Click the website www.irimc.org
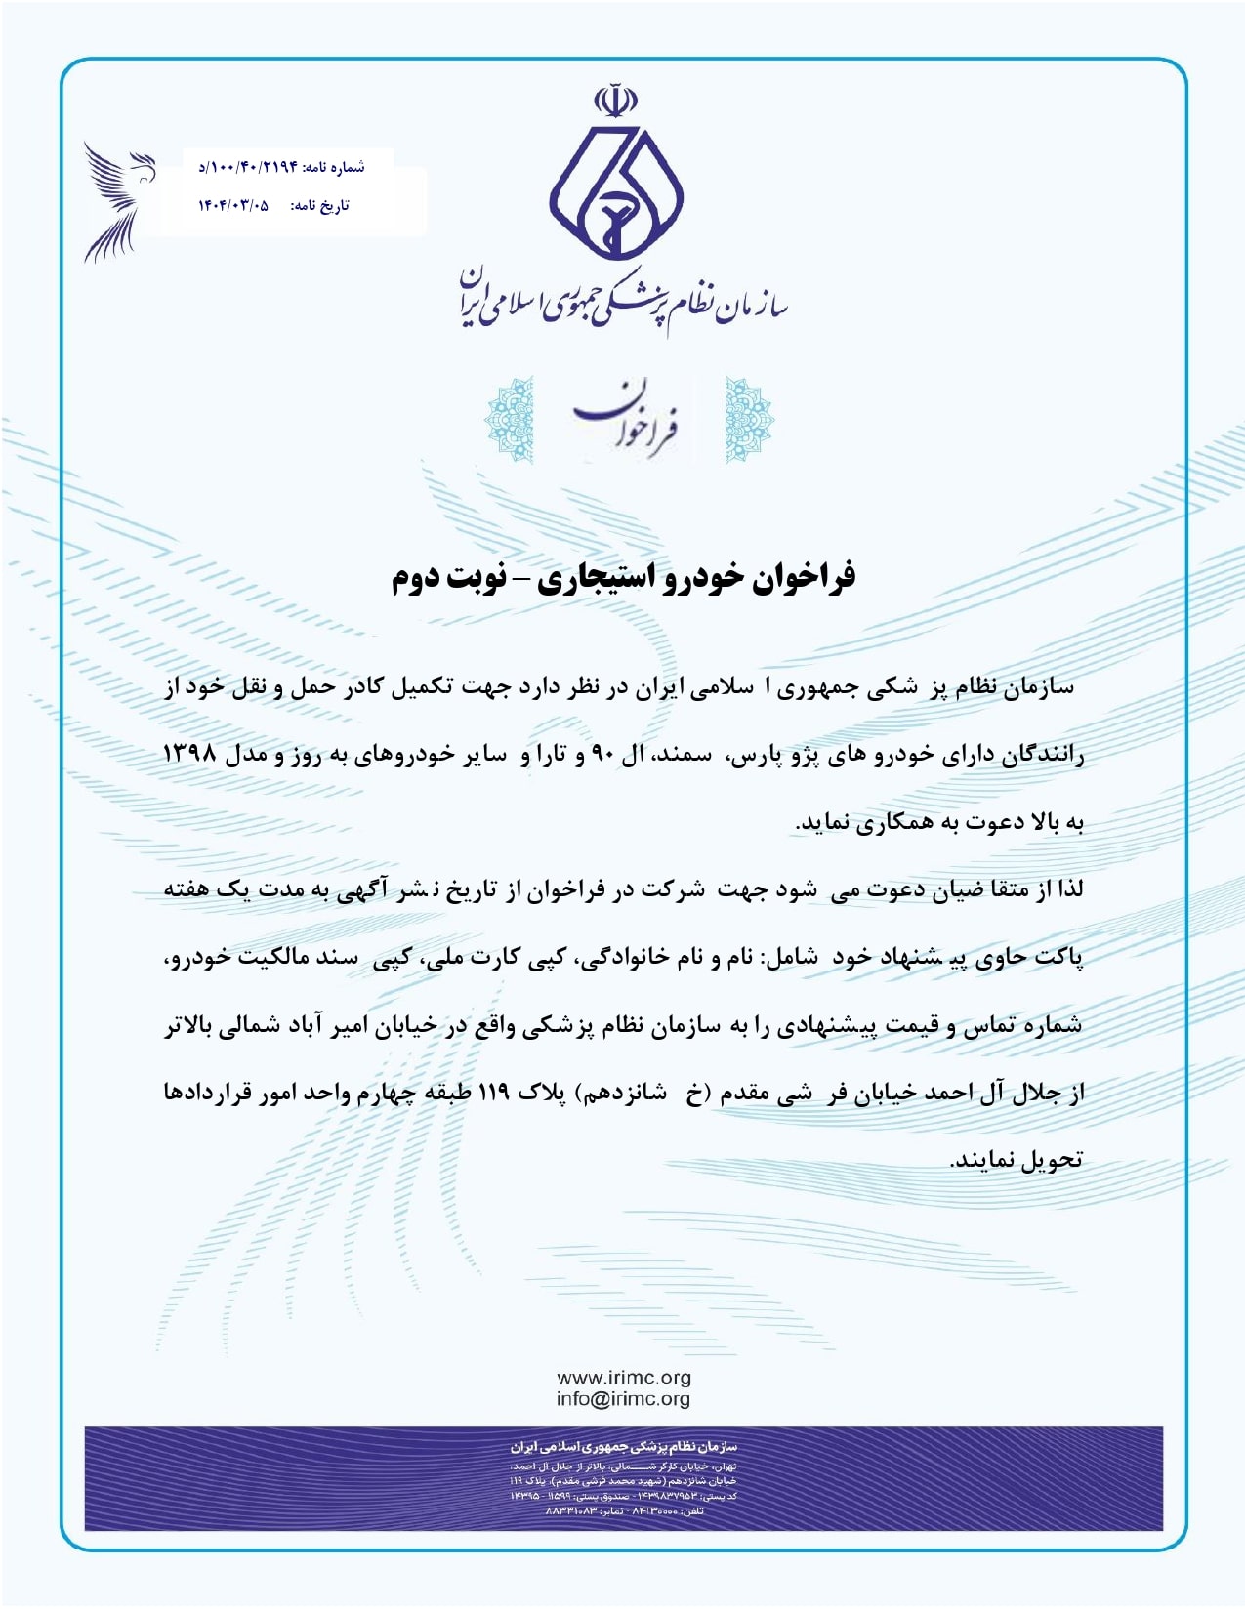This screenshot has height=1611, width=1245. tap(623, 1378)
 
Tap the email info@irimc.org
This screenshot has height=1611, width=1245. tap(623, 1399)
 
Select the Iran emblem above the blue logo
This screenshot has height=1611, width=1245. tap(616, 101)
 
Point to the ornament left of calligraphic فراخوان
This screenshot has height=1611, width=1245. tap(509, 420)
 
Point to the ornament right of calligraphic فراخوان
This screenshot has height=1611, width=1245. tap(748, 420)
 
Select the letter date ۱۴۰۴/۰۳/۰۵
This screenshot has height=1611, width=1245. tap(233, 205)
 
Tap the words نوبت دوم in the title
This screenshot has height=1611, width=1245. tap(448, 576)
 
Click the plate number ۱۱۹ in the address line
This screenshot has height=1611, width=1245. tap(493, 1093)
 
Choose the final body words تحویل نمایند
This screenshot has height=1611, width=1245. tap(1017, 1160)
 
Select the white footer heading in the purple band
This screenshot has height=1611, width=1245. tap(623, 1446)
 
